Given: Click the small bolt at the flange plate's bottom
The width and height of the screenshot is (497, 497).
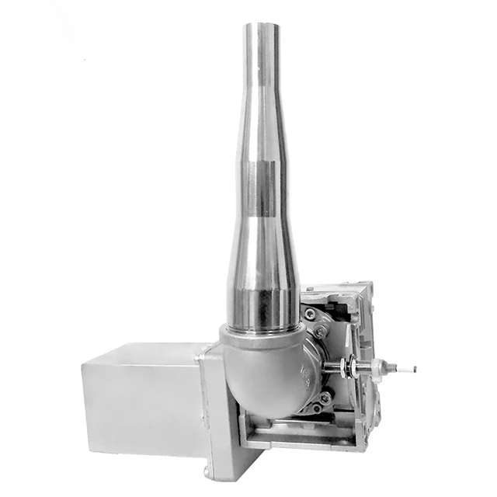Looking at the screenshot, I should tap(206, 471).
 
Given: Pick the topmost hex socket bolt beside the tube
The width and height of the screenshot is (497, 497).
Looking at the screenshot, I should tap(310, 314).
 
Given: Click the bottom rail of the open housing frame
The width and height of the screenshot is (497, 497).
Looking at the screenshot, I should tap(303, 443).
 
